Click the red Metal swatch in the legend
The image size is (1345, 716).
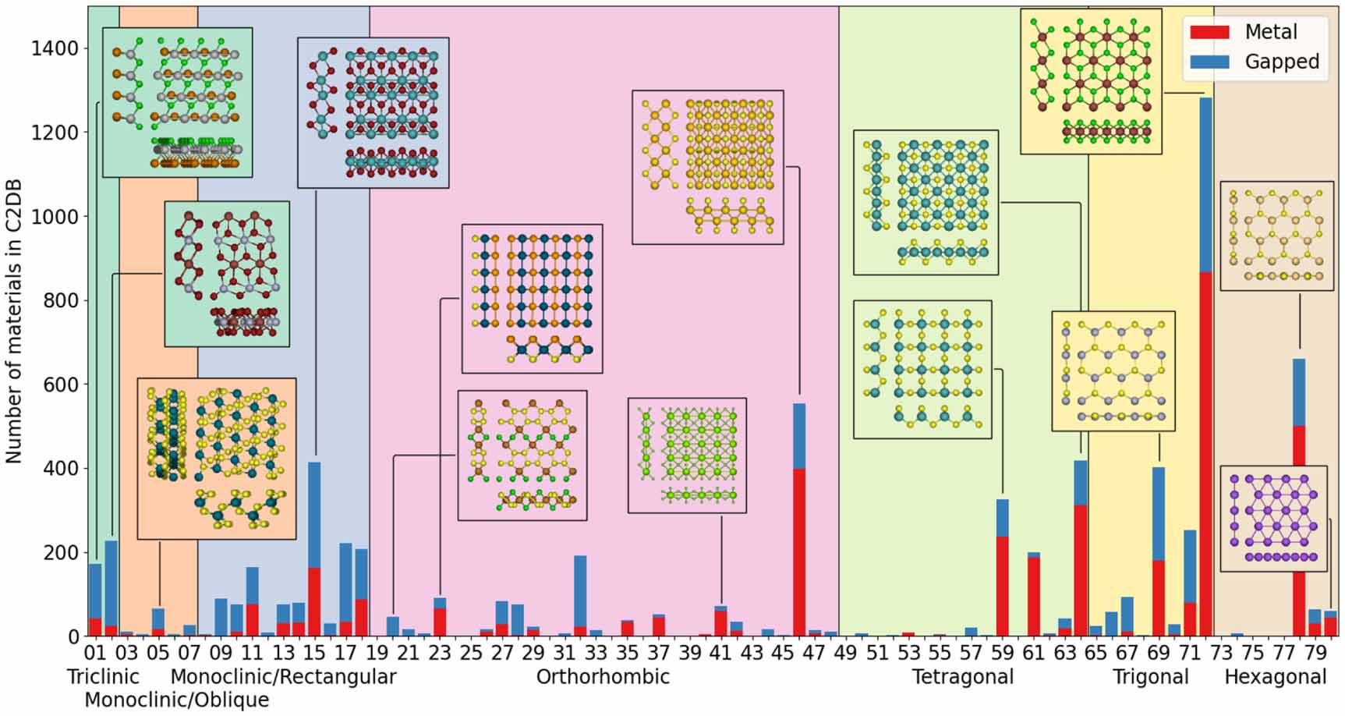click(1209, 32)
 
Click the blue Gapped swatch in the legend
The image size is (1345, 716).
click(1209, 62)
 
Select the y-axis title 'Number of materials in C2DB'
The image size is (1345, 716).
click(14, 321)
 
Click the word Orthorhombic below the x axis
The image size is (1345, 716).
click(603, 676)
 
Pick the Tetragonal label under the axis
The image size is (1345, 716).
click(963, 676)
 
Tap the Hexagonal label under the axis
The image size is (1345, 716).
click(1275, 676)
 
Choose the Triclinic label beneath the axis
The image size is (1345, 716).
click(103, 676)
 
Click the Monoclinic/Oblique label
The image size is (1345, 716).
click(176, 700)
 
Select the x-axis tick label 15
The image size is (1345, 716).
click(314, 652)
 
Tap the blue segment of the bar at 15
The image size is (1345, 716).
click(314, 515)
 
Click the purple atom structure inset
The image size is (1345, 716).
click(1272, 519)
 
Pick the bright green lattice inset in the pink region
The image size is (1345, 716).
click(687, 455)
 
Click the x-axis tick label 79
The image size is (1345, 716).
click(1315, 652)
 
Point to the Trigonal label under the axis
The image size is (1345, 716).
click(1150, 676)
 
